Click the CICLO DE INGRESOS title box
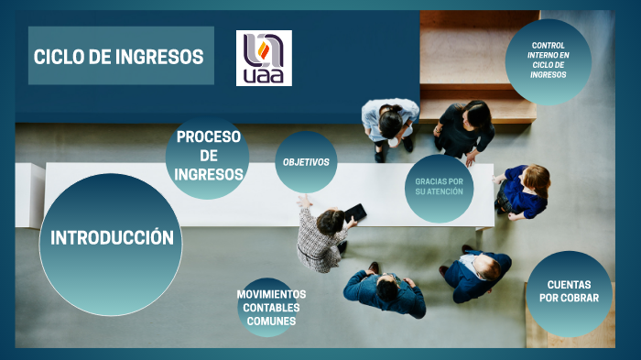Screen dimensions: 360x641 coord(120,56)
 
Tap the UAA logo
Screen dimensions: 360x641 coord(264,59)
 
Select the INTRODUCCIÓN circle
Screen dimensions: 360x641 coord(112,240)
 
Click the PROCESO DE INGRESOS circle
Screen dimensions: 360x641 coord(208,156)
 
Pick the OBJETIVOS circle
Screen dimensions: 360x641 coord(306,162)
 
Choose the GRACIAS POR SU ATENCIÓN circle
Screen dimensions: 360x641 coord(439,187)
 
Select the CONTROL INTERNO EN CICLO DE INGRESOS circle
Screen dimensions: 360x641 coord(548,60)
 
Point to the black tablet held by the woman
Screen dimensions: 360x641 coord(355,213)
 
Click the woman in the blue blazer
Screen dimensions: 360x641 coord(525,191)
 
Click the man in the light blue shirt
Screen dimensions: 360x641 coord(390,124)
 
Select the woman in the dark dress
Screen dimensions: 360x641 coord(465,128)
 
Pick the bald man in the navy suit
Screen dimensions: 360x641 coord(478,273)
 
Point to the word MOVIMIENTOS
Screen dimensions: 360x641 coord(271,294)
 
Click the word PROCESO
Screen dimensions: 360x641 coord(208,136)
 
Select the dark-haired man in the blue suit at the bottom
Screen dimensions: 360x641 coord(385,291)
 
